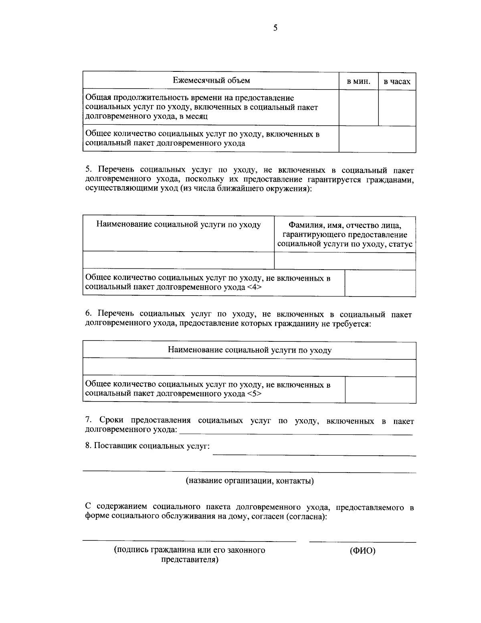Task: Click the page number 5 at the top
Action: click(275, 28)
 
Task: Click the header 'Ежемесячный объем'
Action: click(211, 80)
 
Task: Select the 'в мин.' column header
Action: click(358, 81)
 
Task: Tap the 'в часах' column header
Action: click(397, 81)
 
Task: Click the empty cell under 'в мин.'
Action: click(358, 108)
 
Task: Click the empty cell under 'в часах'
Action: click(397, 108)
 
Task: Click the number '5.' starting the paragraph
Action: click(89, 170)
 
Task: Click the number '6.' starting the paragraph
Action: click(89, 315)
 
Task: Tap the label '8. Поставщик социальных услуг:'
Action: click(147, 446)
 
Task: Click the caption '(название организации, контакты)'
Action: click(249, 481)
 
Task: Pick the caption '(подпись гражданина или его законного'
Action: click(190, 550)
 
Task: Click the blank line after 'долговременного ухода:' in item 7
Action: click(296, 432)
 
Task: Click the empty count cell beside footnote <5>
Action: click(380, 390)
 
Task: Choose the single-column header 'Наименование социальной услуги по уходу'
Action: click(249, 350)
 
